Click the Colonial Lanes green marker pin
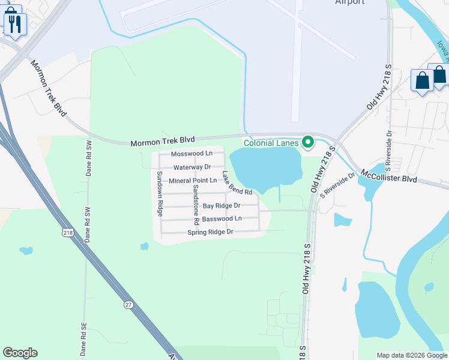pyautogui.click(x=308, y=142)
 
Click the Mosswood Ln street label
pyautogui.click(x=192, y=154)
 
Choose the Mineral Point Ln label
pyautogui.click(x=193, y=181)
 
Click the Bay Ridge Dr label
pyautogui.click(x=221, y=206)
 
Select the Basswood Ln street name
pyautogui.click(x=221, y=218)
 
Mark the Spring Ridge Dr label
pyautogui.click(x=209, y=232)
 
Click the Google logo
pyautogui.click(x=20, y=353)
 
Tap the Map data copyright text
pyautogui.click(x=412, y=355)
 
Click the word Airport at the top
pyautogui.click(x=349, y=2)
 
